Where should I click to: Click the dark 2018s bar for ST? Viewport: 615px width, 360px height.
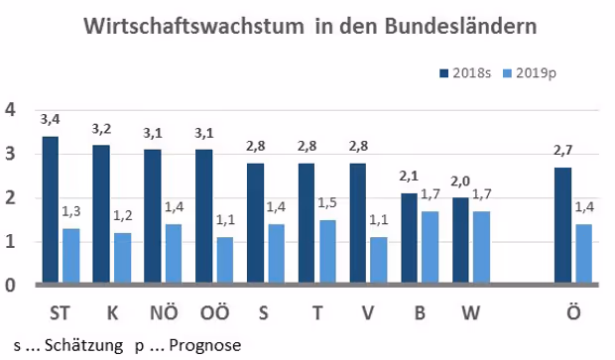pyautogui.click(x=51, y=209)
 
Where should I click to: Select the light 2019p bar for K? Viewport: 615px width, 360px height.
pyautogui.click(x=122, y=258)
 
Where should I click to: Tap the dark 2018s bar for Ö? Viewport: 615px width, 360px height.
pyautogui.click(x=562, y=225)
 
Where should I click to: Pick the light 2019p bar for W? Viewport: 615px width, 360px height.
pyautogui.click(x=481, y=247)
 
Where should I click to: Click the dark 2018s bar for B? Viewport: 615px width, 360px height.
pyautogui.click(x=409, y=238)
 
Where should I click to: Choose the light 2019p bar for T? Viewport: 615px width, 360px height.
pyautogui.click(x=327, y=251)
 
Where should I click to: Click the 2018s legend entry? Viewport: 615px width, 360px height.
pyautogui.click(x=465, y=73)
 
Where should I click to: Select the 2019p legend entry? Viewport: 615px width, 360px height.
pyautogui.click(x=529, y=73)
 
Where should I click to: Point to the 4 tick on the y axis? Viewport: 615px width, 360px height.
pyautogui.click(x=10, y=110)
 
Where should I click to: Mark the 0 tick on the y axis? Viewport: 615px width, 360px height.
pyautogui.click(x=10, y=285)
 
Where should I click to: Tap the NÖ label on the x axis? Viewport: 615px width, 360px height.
pyautogui.click(x=164, y=312)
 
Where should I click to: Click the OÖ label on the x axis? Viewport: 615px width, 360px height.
pyautogui.click(x=214, y=312)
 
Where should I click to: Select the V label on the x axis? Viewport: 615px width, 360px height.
pyautogui.click(x=367, y=313)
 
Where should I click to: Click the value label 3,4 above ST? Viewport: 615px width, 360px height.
pyautogui.click(x=50, y=119)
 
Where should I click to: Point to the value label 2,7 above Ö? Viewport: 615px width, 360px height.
pyautogui.click(x=562, y=150)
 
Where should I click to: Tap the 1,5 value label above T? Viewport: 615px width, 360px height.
pyautogui.click(x=327, y=202)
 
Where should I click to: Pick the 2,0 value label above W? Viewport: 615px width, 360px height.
pyautogui.click(x=460, y=180)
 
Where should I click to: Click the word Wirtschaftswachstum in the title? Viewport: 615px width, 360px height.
pyautogui.click(x=193, y=26)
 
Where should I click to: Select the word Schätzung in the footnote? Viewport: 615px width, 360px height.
pyautogui.click(x=83, y=345)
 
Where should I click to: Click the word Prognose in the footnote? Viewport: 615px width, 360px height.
pyautogui.click(x=204, y=346)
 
